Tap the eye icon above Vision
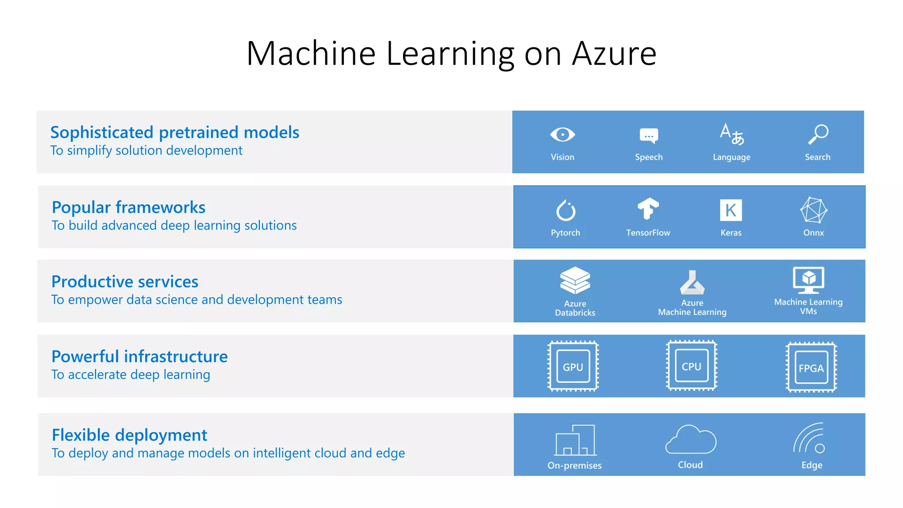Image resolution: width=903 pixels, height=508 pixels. pyautogui.click(x=562, y=134)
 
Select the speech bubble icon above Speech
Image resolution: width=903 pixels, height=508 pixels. pyautogui.click(x=649, y=136)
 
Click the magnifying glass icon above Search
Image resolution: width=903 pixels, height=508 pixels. pyautogui.click(x=818, y=134)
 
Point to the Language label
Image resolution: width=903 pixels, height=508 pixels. pyautogui.click(x=731, y=157)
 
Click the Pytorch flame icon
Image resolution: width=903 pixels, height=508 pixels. pyautogui.click(x=565, y=210)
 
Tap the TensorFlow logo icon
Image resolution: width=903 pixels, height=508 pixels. pyautogui.click(x=648, y=209)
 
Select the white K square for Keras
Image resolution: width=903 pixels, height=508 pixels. pyautogui.click(x=731, y=210)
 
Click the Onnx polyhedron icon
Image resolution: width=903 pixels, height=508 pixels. pyautogui.click(x=813, y=210)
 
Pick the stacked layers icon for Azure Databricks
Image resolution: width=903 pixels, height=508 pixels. pyautogui.click(x=575, y=280)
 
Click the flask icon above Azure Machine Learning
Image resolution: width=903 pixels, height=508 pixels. pyautogui.click(x=692, y=283)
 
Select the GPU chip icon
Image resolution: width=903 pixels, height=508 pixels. pyautogui.click(x=573, y=366)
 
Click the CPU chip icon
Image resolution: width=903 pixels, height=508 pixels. pyautogui.click(x=691, y=366)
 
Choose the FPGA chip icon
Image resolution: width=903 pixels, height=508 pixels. pyautogui.click(x=811, y=367)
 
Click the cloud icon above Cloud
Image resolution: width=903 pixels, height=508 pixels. pyautogui.click(x=690, y=440)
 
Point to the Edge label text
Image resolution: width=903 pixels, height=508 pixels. pyautogui.click(x=812, y=465)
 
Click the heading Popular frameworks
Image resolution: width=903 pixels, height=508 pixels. pyautogui.click(x=128, y=207)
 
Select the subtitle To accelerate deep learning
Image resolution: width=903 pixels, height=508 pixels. pyautogui.click(x=131, y=374)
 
